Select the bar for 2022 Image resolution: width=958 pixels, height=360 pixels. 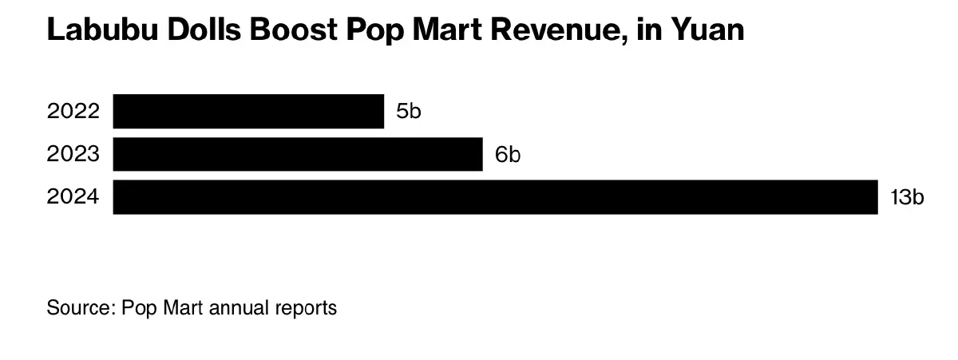248,111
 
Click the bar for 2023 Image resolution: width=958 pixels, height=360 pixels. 298,154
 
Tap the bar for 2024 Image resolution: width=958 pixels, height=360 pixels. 495,197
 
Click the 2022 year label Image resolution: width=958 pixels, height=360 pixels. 73,111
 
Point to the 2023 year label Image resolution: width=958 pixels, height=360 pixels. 73,154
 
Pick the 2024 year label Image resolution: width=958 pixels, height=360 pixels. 73,197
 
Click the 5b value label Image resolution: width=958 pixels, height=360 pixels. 408,111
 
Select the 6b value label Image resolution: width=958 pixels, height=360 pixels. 508,154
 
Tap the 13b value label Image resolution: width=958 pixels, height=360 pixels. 907,197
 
